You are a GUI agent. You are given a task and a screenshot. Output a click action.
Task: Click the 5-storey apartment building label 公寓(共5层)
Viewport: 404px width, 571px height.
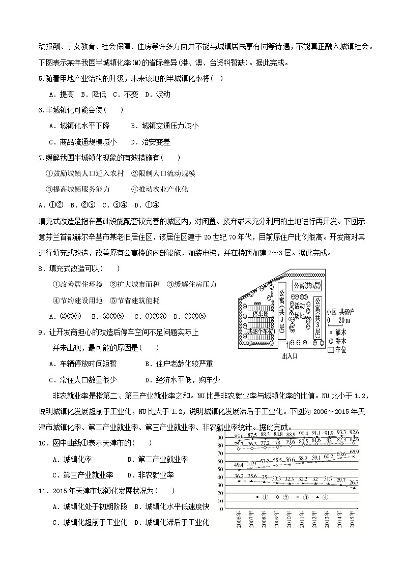pos(306,285)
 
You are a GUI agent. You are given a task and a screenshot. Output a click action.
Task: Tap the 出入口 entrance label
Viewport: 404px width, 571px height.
pos(289,356)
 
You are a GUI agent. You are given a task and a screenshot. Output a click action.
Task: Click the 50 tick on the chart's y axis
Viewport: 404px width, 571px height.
pos(221,469)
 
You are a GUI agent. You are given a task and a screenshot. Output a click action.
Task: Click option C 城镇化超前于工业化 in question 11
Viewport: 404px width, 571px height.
pos(90,522)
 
